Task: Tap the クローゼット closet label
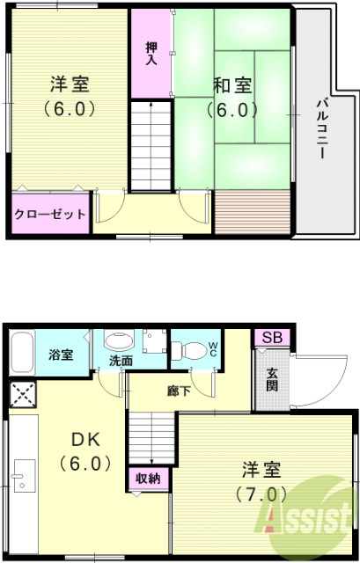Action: coord(51,214)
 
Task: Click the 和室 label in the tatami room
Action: coord(232,85)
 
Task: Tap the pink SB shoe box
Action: coord(270,339)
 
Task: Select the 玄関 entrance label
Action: coord(272,378)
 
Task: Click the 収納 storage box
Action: coord(147,479)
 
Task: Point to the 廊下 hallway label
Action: coord(180,390)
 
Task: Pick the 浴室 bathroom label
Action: coord(62,356)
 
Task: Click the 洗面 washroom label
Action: coord(121,361)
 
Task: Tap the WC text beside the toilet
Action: coord(214,347)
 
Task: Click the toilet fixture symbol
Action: coord(184,348)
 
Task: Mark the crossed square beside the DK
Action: coord(24,395)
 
